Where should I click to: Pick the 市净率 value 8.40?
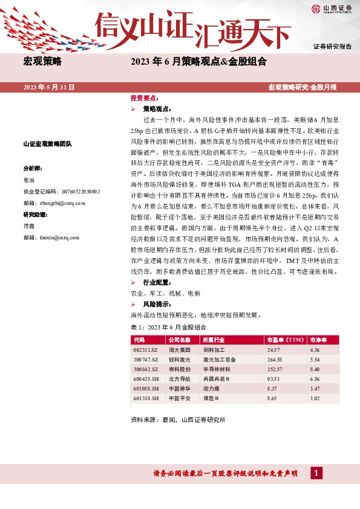[314, 369]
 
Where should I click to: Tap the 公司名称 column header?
[180, 340]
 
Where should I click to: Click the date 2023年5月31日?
[49, 88]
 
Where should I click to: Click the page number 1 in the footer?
[315, 473]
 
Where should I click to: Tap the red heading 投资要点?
[144, 97]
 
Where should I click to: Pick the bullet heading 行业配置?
[155, 283]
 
